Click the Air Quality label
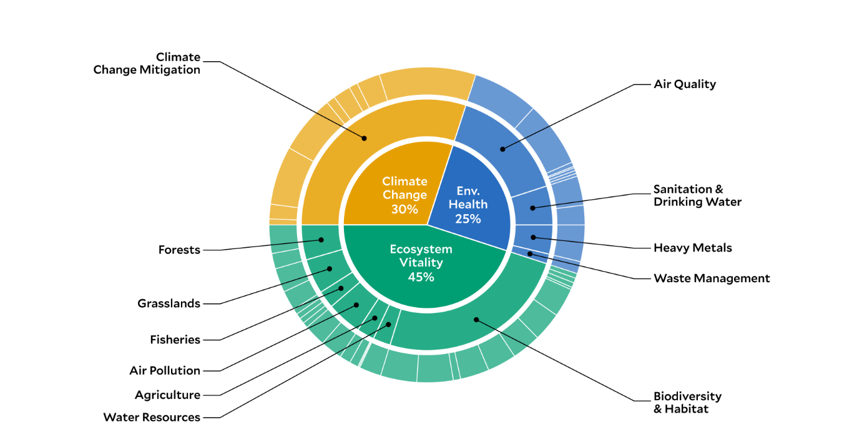pyautogui.click(x=685, y=84)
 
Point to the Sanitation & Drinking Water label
pyautogui.click(x=697, y=195)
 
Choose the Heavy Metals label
pyautogui.click(x=693, y=248)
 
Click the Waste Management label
pyautogui.click(x=712, y=278)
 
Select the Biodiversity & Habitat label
pyautogui.click(x=687, y=402)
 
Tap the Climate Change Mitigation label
pyautogui.click(x=147, y=63)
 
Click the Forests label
pyautogui.click(x=179, y=250)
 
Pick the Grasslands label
pyautogui.click(x=169, y=303)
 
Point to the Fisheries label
pyautogui.click(x=175, y=340)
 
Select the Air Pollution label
pyautogui.click(x=165, y=370)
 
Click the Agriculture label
pyautogui.click(x=167, y=395)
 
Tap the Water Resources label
pyautogui.click(x=152, y=417)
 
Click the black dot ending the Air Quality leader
pyautogui.click(x=502, y=149)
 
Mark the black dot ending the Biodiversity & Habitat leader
pyautogui.click(x=476, y=320)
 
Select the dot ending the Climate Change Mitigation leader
pyautogui.click(x=364, y=139)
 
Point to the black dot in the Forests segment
pyautogui.click(x=321, y=240)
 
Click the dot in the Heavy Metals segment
pyautogui.click(x=533, y=238)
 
